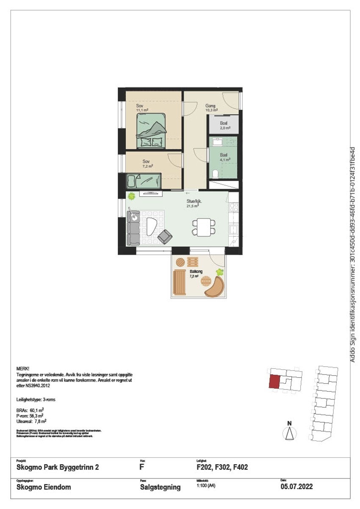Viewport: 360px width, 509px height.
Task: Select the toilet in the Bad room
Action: (216, 173)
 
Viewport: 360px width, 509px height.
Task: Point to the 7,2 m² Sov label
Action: (147, 161)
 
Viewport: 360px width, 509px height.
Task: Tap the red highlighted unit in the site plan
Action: (274, 382)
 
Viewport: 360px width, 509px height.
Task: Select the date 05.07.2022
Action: (296, 487)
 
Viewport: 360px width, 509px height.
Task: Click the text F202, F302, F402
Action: (219, 468)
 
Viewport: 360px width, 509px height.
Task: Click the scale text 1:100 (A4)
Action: (206, 486)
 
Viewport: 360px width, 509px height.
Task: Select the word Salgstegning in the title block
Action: (160, 487)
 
